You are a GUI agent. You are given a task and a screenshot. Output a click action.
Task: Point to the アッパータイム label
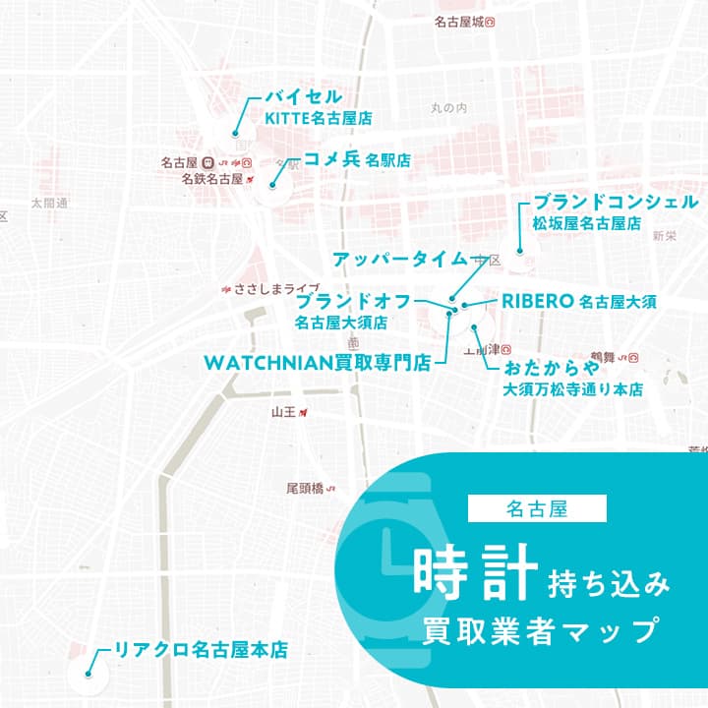tap(399, 259)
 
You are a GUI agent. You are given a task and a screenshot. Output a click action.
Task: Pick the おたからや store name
tap(551, 370)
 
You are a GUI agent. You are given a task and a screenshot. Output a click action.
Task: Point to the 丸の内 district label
tap(448, 107)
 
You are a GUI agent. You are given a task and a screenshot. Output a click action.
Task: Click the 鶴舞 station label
tap(603, 356)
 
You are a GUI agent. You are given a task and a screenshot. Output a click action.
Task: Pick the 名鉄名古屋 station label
tap(211, 180)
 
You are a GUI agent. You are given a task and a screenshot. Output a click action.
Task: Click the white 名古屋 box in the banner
tap(538, 508)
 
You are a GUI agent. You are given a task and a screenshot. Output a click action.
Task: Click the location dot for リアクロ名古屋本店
tap(88, 675)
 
